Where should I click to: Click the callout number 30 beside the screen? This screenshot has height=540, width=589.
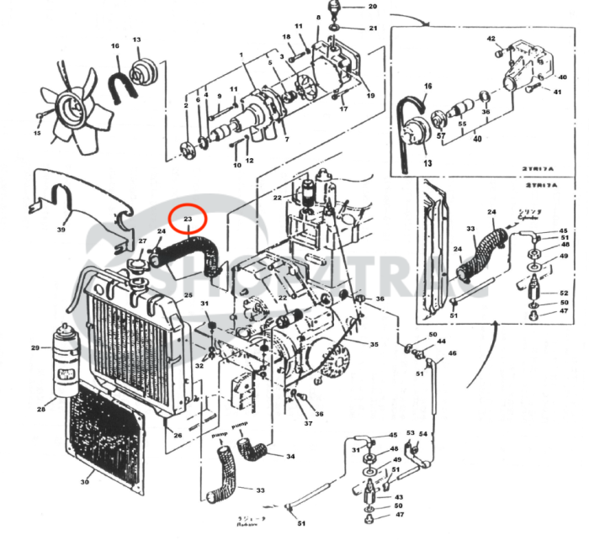click(x=84, y=482)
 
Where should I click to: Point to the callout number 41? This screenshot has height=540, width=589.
click(x=556, y=92)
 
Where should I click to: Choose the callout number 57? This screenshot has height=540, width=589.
click(x=440, y=134)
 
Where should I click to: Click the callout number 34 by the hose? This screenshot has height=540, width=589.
click(x=290, y=457)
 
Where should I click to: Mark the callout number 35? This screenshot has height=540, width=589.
click(x=374, y=345)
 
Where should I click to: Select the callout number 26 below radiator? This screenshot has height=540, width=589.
click(x=177, y=435)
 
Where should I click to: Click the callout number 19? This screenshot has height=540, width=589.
click(x=369, y=96)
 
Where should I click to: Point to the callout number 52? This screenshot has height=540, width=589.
click(x=565, y=293)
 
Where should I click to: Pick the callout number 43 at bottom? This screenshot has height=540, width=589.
click(x=398, y=497)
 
